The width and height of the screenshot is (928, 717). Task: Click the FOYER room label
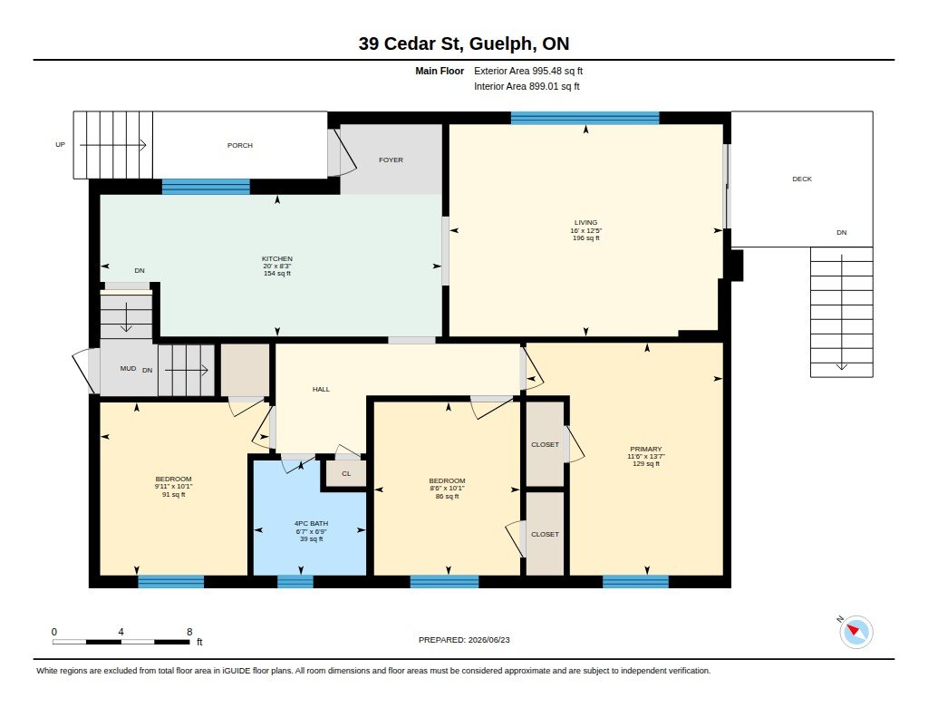pos(391,160)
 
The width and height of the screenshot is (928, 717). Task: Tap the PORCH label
pos(239,145)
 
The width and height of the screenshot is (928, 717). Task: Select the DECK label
pos(802,179)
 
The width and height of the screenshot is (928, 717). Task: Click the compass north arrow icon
pos(855,632)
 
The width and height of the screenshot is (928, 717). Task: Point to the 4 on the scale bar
pos(121,632)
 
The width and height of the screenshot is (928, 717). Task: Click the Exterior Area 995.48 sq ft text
pos(528,71)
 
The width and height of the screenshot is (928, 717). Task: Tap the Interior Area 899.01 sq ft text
pos(527,86)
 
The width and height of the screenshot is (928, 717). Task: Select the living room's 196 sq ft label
pos(586,238)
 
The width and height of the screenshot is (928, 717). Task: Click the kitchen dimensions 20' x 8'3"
pos(277,266)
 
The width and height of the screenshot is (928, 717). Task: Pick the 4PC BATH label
pos(312,523)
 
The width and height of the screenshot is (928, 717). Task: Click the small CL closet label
pos(346,474)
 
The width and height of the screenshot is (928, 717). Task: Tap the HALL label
pos(321,389)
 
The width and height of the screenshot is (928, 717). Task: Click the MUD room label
pos(128,368)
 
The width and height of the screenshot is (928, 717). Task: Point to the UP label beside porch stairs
pos(61,144)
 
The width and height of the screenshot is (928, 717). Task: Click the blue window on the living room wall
pos(585,118)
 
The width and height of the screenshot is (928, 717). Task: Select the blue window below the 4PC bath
pos(295,581)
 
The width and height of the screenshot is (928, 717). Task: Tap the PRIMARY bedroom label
pos(645,449)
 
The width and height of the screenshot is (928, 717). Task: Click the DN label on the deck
pos(842,233)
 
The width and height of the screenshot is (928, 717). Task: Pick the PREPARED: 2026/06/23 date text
pos(464,640)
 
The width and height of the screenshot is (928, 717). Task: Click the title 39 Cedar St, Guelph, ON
pos(464,44)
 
